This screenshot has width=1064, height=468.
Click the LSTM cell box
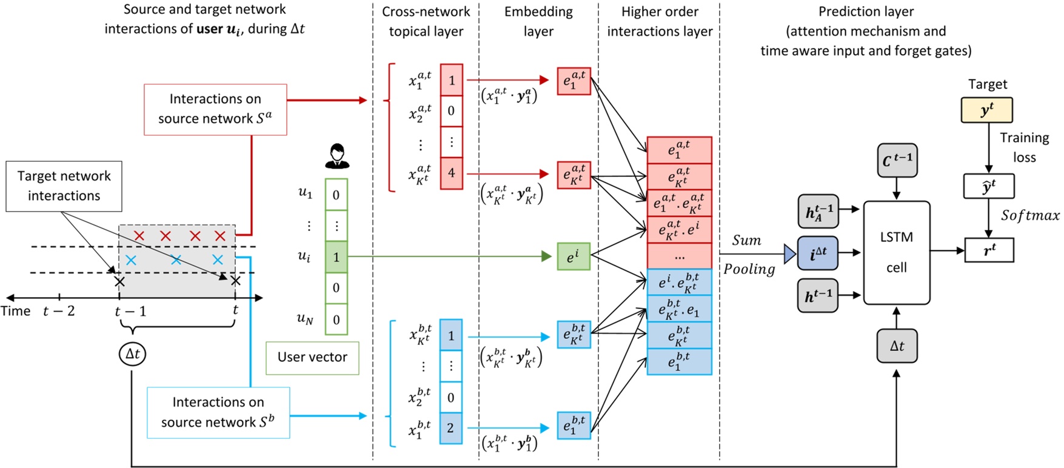click(896, 252)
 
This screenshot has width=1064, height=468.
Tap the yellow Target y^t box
click(986, 110)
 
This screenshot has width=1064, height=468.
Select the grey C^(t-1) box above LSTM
click(897, 161)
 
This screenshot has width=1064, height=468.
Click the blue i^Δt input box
click(818, 253)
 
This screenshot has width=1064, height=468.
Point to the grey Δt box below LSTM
click(897, 346)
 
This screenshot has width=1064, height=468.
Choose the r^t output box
click(989, 250)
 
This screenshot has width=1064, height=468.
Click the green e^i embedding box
click(573, 256)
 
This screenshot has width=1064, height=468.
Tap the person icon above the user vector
click(336, 156)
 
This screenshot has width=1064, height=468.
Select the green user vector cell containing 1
click(336, 256)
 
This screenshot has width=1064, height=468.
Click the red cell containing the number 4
click(451, 173)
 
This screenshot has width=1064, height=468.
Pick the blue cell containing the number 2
click(450, 428)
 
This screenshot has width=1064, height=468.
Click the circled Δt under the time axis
click(132, 353)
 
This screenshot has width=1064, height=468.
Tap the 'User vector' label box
click(312, 358)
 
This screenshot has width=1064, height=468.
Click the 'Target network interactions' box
click(64, 186)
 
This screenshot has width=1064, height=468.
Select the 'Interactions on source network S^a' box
click(215, 109)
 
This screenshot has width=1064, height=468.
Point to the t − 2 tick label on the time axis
click(59, 311)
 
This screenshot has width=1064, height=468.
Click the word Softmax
click(1030, 215)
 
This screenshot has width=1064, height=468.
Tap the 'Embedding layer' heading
click(538, 21)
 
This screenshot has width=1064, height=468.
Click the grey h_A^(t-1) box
click(818, 212)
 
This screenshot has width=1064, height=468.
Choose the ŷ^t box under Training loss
click(989, 186)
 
